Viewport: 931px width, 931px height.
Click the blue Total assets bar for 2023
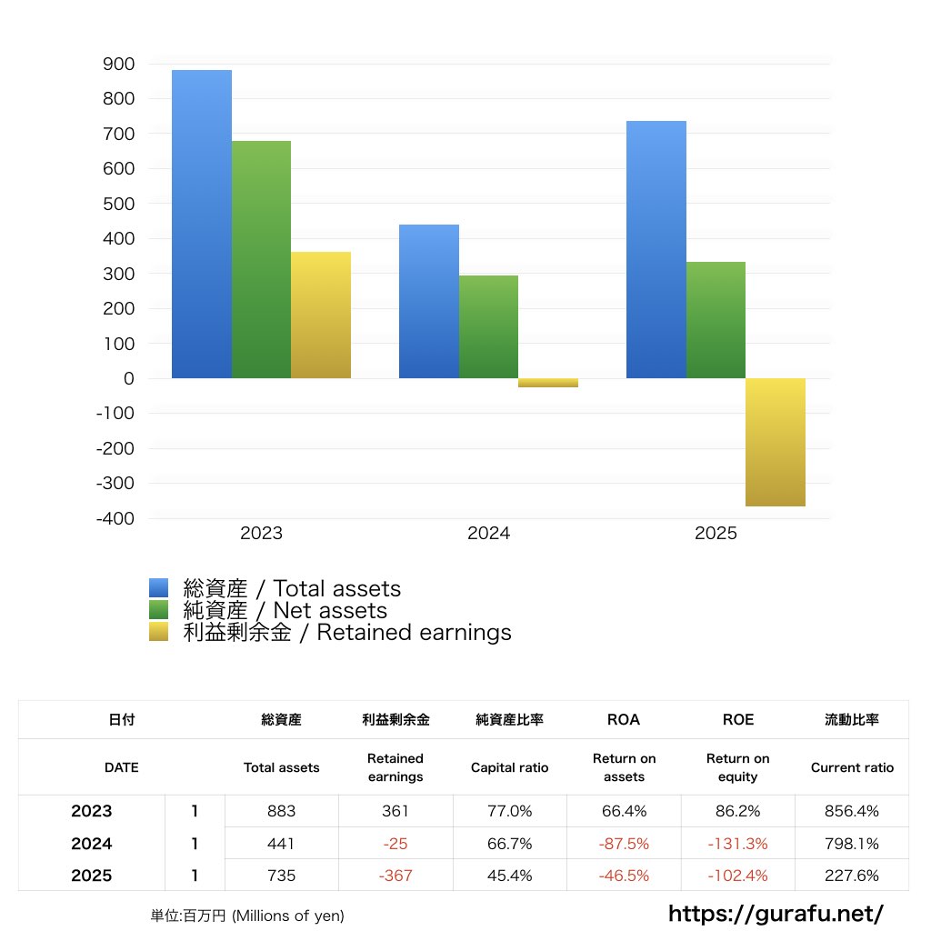202,224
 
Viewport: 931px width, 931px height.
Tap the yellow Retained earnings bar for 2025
775,442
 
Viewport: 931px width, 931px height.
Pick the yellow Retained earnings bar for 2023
320,315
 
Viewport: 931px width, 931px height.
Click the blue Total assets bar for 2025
656,249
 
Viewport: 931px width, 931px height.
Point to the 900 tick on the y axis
119,65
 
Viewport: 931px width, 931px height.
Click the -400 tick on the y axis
115,518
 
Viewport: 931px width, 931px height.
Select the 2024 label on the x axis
488,534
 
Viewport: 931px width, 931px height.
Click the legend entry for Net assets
285,611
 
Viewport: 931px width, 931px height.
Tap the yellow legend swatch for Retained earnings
159,633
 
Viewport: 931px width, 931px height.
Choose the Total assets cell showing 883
282,811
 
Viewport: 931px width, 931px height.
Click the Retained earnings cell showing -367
395,876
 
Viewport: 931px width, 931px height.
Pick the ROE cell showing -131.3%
737,844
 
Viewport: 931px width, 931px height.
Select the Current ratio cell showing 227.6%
852,876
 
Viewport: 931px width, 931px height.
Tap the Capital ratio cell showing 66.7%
509,844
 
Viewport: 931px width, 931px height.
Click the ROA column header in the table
624,719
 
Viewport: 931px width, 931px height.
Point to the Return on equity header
737,767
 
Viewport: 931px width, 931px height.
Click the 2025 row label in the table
92,876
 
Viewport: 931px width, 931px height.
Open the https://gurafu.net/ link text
776,913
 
